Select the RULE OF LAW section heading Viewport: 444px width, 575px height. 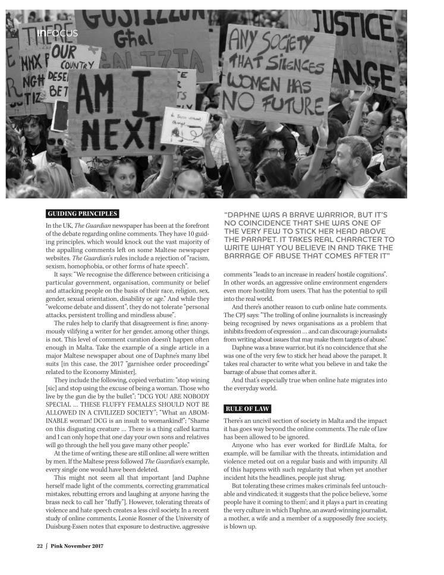(x=247, y=409)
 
